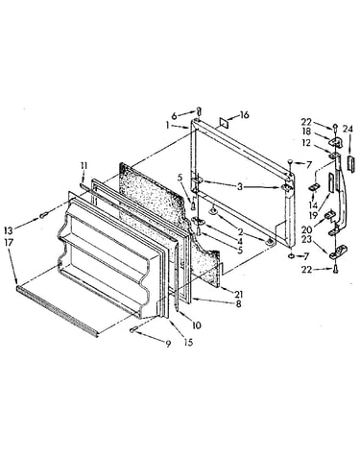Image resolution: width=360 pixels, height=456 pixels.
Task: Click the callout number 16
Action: tap(244, 115)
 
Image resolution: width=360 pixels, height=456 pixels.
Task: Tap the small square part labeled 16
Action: tap(224, 123)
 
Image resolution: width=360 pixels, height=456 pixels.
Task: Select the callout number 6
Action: tap(174, 116)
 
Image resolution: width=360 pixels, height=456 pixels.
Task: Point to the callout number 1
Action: tap(167, 126)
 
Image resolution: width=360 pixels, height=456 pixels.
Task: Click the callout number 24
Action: tap(348, 130)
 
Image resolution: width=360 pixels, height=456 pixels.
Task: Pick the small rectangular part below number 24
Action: tap(350, 164)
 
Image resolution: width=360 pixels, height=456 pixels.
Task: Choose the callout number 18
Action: tap(306, 132)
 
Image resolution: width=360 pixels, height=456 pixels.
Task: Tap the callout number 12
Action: tap(306, 143)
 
